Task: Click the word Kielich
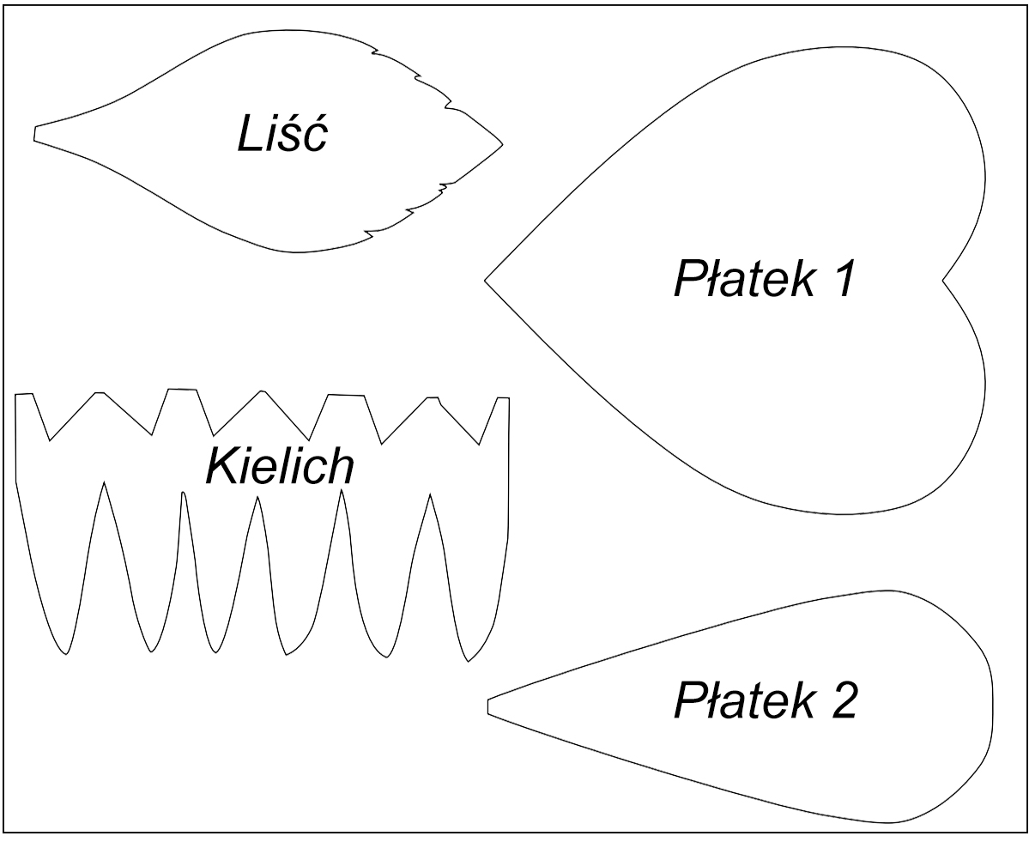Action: [279, 466]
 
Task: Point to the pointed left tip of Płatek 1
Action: [486, 280]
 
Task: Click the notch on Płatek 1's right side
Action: [943, 280]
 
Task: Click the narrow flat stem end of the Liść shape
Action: [35, 134]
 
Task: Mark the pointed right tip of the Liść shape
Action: [502, 143]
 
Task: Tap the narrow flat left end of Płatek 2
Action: [488, 706]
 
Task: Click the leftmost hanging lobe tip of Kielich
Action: [65, 655]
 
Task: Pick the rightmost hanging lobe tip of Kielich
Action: [468, 660]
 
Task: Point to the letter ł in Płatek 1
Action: [709, 279]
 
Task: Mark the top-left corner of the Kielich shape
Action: [17, 395]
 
